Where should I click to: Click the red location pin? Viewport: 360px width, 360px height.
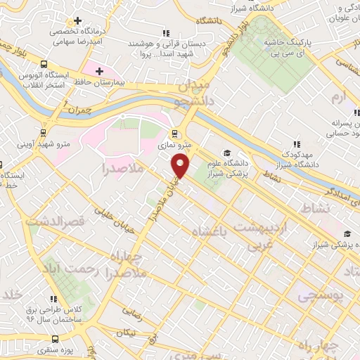[x=181, y=166]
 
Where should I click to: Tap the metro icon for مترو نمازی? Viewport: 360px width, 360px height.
[x=174, y=134]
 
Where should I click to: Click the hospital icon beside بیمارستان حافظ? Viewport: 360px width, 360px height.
[x=100, y=72]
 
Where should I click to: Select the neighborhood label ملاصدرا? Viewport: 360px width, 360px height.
[x=122, y=169]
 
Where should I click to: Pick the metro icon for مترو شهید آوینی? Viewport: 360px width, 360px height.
[x=44, y=131]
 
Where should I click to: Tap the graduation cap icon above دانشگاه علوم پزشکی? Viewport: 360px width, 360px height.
[x=226, y=153]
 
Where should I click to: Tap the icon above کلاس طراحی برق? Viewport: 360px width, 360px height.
[x=53, y=300]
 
